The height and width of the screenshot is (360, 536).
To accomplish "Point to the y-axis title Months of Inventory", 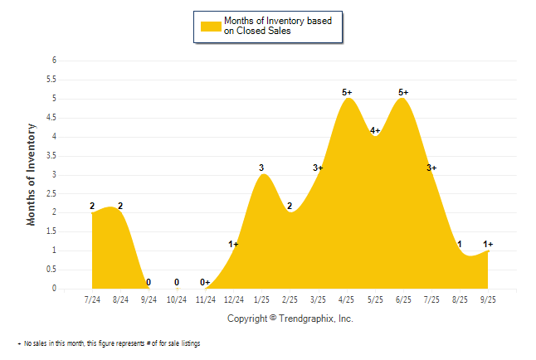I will (x=32, y=174).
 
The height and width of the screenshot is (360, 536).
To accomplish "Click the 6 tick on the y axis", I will (x=54, y=61).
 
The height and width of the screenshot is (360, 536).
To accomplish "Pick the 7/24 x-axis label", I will (x=92, y=299).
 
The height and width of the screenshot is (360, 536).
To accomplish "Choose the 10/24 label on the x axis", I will (x=177, y=299).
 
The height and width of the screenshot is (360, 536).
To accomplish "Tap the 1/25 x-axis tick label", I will (x=261, y=299).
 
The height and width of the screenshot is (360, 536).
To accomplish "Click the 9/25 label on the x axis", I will (x=488, y=299).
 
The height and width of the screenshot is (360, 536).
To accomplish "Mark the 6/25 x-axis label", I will (x=403, y=299).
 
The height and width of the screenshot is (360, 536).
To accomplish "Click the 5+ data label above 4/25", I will (x=347, y=92).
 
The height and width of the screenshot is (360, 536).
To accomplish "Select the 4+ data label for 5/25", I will (x=375, y=130).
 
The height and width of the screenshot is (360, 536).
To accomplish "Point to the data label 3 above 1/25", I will (x=261, y=168).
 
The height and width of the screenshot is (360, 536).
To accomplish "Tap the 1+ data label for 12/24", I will (x=234, y=244).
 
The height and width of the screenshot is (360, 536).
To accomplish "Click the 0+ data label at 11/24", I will (x=205, y=282).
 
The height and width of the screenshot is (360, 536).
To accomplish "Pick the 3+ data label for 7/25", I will (x=431, y=168).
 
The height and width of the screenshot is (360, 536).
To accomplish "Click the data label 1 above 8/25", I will (x=460, y=244).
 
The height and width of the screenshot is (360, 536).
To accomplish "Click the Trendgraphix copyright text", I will (x=290, y=319).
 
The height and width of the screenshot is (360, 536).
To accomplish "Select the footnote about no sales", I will (x=109, y=343).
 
